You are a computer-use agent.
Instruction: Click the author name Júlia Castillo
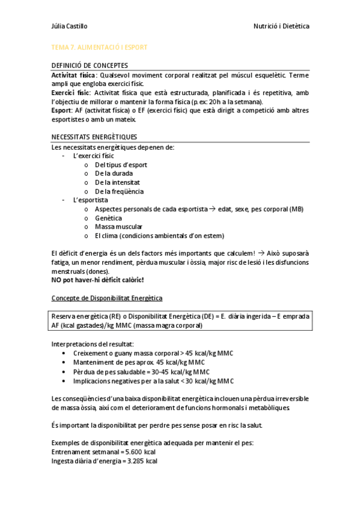(70, 26)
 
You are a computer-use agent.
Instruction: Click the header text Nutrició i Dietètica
(282, 26)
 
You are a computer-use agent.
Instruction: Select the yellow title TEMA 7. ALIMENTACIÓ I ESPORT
(99, 47)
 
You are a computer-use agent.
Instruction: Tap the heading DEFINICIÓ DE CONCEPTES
(90, 66)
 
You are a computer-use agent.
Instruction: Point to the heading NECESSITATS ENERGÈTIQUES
(94, 137)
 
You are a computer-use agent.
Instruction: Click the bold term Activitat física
(73, 75)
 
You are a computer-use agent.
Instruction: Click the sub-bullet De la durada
(114, 173)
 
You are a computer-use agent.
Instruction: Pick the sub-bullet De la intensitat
(118, 182)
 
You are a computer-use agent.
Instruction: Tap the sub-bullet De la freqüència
(119, 191)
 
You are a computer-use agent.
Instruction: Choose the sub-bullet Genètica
(108, 218)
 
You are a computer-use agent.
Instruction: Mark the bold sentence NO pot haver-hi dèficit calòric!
(97, 280)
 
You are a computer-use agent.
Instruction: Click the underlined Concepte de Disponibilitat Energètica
(107, 298)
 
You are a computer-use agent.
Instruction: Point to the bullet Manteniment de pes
(138, 363)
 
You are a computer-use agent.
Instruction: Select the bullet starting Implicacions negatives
(153, 381)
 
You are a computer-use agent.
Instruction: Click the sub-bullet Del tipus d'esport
(121, 164)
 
